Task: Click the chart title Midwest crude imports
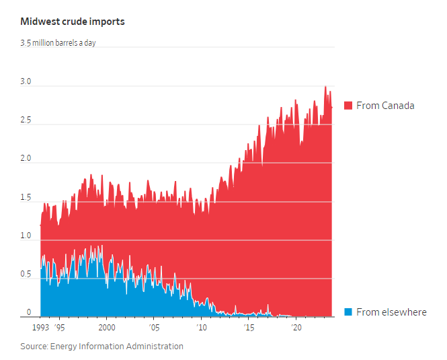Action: pyautogui.click(x=72, y=22)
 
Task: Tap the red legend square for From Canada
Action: pyautogui.click(x=348, y=106)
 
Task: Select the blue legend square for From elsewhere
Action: pyautogui.click(x=348, y=312)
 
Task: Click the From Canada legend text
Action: pyautogui.click(x=385, y=106)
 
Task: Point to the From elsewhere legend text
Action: pyautogui.click(x=391, y=312)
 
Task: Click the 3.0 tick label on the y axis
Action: pyautogui.click(x=26, y=82)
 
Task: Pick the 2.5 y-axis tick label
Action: pyautogui.click(x=26, y=120)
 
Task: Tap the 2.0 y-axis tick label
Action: pyautogui.click(x=26, y=159)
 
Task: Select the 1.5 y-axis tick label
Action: pyautogui.click(x=26, y=198)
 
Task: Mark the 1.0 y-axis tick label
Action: pyautogui.click(x=26, y=236)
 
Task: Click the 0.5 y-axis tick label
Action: pyautogui.click(x=26, y=275)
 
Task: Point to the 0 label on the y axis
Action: pyautogui.click(x=28, y=312)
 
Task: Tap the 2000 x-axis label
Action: pyautogui.click(x=106, y=328)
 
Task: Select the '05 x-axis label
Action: pyautogui.click(x=154, y=328)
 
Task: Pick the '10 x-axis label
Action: pyautogui.click(x=201, y=328)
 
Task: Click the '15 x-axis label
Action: pyautogui.click(x=249, y=328)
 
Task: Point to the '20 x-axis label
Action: pyautogui.click(x=296, y=328)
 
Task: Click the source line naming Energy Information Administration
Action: pyautogui.click(x=101, y=347)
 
